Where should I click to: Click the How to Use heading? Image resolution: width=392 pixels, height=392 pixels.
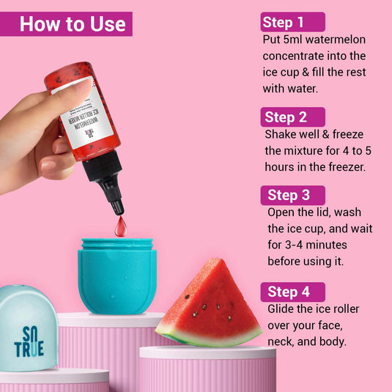[x=73, y=23]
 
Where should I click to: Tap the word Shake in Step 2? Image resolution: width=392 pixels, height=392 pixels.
[x=282, y=135]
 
